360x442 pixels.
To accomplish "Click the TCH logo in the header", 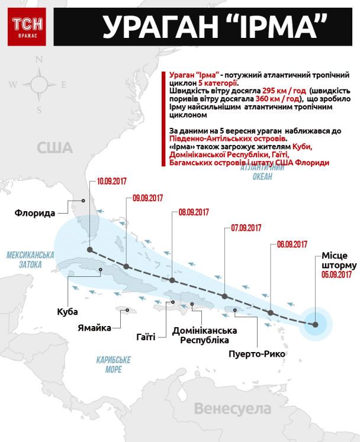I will click(x=25, y=27).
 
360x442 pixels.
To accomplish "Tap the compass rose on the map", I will click(x=40, y=85).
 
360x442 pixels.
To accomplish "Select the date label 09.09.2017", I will click(x=148, y=198).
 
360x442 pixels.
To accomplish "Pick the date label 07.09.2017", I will click(x=246, y=228).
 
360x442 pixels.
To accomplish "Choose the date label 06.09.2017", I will click(x=292, y=244).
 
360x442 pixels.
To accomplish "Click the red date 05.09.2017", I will click(x=337, y=275).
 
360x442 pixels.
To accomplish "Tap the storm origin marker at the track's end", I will click(x=316, y=324).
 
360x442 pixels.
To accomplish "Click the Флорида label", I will click(x=36, y=212).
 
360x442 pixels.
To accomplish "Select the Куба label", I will click(x=68, y=311).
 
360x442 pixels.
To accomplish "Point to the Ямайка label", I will click(x=95, y=328).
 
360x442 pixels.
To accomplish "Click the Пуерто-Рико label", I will click(x=256, y=354).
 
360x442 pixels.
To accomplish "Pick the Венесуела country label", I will click(x=232, y=408).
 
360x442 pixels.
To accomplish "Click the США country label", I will click(x=54, y=147).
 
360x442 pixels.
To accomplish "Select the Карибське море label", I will click(x=114, y=364).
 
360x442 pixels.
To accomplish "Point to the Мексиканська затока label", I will click(x=30, y=260).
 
